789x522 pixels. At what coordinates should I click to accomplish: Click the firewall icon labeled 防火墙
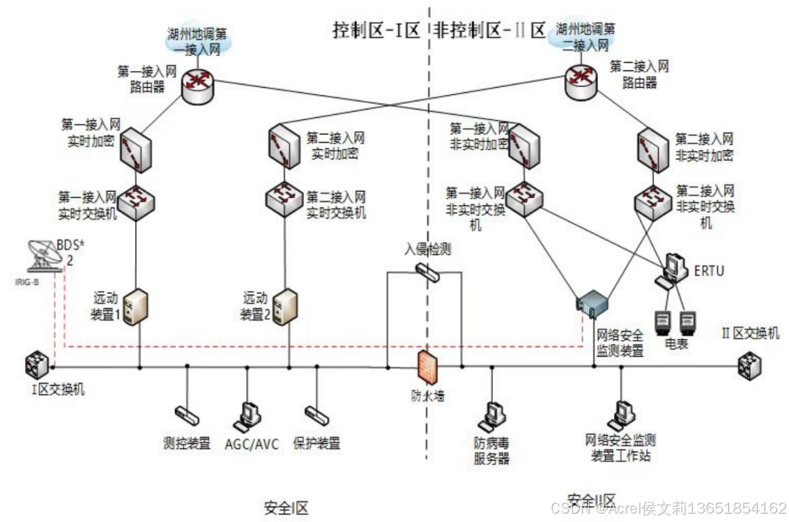(425, 366)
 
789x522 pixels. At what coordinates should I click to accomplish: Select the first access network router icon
(199, 82)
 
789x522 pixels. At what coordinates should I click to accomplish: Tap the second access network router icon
(580, 82)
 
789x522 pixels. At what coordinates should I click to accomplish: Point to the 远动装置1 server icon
(138, 306)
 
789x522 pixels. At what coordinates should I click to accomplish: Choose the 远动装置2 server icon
(282, 307)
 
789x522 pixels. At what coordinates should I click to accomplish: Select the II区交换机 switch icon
(751, 363)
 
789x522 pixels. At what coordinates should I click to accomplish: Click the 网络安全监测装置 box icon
(592, 302)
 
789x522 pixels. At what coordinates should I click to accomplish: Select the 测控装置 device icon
(187, 415)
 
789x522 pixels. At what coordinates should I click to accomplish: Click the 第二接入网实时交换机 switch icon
(283, 199)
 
